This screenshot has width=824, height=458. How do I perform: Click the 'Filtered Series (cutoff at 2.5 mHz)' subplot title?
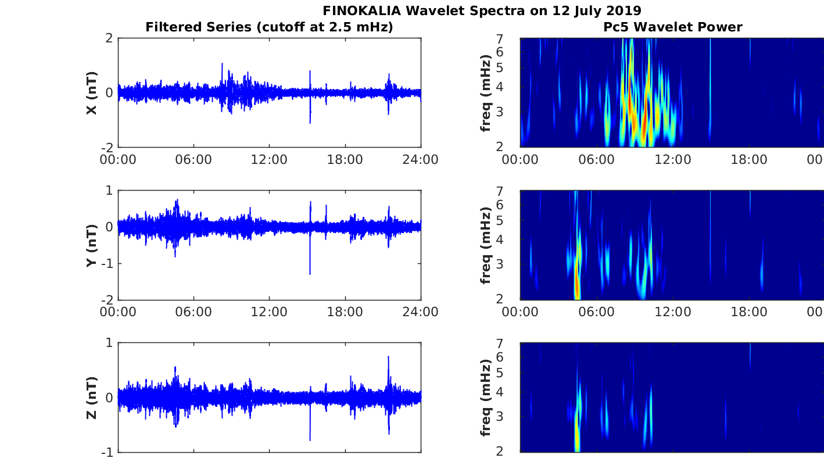269,27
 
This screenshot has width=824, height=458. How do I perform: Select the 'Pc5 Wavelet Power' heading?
673,27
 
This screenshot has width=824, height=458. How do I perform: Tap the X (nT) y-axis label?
91,93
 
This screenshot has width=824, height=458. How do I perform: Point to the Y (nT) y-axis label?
91,245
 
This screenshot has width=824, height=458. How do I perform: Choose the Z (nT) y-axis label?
91,398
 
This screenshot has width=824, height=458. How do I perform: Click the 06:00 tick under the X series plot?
194,159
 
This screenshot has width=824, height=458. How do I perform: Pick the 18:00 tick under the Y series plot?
345,312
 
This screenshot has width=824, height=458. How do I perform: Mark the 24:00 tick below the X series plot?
421,159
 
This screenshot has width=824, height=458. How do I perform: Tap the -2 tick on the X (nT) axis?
108,148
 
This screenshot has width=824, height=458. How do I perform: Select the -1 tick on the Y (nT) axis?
108,263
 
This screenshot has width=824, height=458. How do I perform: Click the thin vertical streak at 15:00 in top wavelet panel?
710,87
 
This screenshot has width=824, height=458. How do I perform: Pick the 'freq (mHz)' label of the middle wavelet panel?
486,245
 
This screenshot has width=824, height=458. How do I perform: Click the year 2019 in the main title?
624,10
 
